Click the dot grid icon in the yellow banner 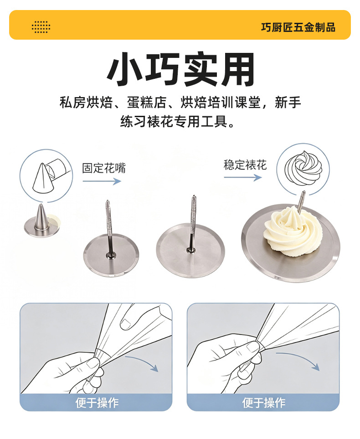coord(41,27)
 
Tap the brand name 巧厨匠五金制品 coord(298,27)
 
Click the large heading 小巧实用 coord(180,69)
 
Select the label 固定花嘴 coord(104,168)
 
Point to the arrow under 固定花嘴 coord(102,181)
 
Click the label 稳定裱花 coord(245,165)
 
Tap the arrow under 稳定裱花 coord(243,177)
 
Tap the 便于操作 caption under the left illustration coord(97,403)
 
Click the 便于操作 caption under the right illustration coord(264,403)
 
